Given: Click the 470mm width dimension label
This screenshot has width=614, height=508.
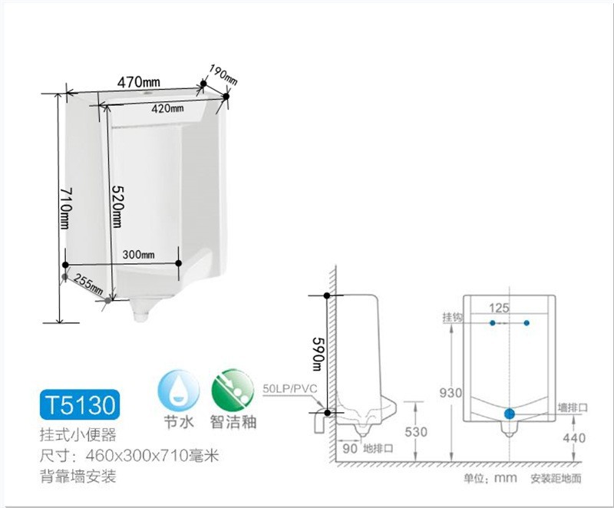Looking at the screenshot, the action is click(x=139, y=81).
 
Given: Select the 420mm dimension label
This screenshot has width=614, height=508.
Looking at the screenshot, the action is click(x=167, y=109).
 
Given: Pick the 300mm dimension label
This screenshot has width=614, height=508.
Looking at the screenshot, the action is click(x=139, y=255).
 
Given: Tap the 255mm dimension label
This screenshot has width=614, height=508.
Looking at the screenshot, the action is click(x=88, y=283).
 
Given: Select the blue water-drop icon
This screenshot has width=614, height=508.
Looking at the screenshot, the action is click(x=178, y=390).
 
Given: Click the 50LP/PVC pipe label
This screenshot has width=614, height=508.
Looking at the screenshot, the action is click(x=289, y=389).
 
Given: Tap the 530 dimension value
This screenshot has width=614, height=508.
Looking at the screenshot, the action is click(x=416, y=432).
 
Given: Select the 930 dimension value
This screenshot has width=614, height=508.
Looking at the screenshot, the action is click(x=451, y=393).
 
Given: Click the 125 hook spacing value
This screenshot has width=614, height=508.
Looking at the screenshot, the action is click(x=500, y=308).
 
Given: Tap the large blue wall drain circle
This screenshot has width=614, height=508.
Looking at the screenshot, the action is click(x=510, y=413).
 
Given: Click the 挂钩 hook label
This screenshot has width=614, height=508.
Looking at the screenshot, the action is click(x=451, y=317).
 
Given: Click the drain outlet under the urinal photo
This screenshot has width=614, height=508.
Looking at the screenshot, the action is click(x=143, y=310).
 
